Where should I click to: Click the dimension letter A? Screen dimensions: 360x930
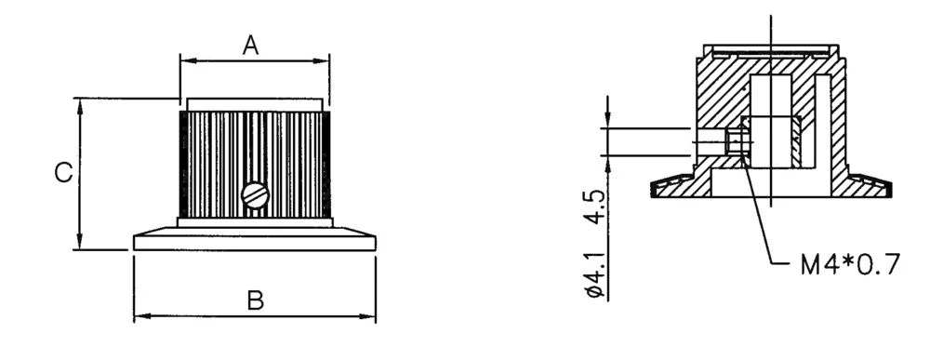click(250, 44)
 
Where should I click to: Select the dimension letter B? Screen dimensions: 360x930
click(255, 300)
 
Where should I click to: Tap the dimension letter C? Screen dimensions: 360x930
click(62, 173)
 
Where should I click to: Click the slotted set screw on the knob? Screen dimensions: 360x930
click(255, 194)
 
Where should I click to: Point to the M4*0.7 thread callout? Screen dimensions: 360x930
click(850, 266)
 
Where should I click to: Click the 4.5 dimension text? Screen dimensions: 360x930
click(599, 207)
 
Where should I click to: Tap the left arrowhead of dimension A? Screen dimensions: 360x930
click(183, 61)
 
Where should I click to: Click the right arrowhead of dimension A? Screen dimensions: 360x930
click(325, 61)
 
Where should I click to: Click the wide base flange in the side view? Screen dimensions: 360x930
click(255, 241)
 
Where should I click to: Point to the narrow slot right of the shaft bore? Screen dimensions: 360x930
click(822, 121)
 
